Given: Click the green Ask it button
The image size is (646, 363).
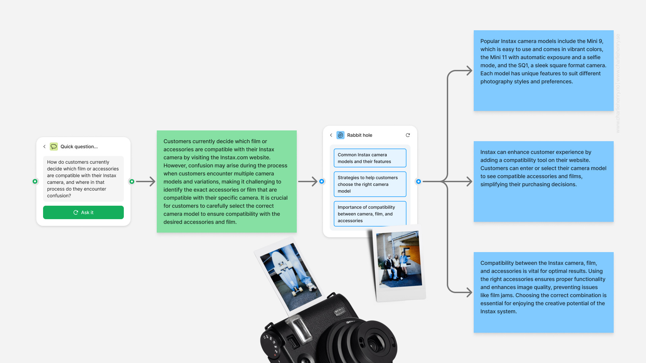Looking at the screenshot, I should tap(83, 212).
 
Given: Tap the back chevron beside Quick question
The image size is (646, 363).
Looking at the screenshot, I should tap(44, 147).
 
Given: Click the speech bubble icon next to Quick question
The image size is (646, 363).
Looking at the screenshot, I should tap(54, 147).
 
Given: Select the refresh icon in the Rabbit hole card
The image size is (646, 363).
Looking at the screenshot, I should tap(408, 135).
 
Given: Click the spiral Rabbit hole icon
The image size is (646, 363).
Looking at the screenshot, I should tap(340, 135).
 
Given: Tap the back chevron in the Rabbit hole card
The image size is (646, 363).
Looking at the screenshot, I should tap(331, 135).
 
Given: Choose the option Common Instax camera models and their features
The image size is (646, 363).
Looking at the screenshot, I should tap(370, 158).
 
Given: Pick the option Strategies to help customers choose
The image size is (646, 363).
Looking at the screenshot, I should tap(370, 184).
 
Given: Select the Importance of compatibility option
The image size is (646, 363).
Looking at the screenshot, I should tap(370, 213).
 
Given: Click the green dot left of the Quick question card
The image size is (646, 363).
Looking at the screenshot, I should tap(35, 182).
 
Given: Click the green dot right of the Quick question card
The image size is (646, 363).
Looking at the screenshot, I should tap(132, 182).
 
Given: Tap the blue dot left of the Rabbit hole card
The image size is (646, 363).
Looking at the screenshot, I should tap(322, 182).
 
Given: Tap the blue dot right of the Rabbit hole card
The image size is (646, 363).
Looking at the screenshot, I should tap(419, 182).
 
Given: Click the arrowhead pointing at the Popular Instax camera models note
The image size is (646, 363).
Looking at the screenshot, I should tap(469, 71).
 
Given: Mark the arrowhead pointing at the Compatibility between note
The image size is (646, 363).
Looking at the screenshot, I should tap(469, 292).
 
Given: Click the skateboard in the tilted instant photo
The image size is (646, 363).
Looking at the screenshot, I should tap(286, 272).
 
